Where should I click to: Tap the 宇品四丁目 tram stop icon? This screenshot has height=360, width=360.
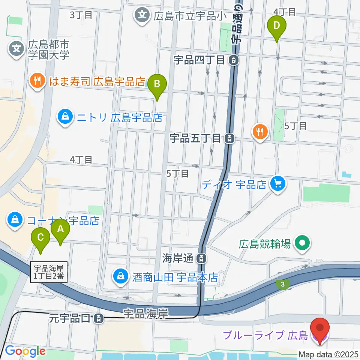coord(234,59)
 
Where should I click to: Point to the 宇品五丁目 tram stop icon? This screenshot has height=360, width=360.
coord(229,138)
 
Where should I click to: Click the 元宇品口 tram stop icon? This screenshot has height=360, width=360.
coord(98,319)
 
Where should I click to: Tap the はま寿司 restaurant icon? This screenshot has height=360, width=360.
coord(37,81)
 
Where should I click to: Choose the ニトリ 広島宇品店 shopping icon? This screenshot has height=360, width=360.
coord(66,117)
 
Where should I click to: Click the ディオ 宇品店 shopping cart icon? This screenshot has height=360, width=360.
coord(277,184)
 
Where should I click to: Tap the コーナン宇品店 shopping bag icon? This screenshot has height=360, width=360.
coord(15,220)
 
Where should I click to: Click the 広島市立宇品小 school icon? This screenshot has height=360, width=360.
coord(142,16)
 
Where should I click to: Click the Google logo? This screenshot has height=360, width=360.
coord(25,351)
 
